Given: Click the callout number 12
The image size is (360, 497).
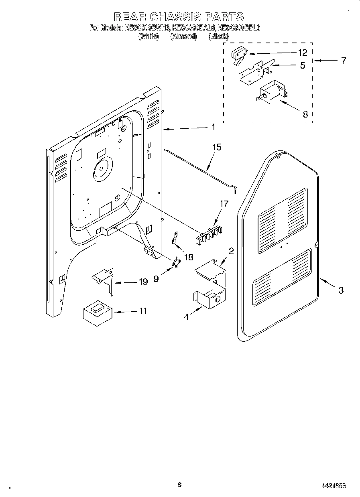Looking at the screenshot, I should pyautogui.click(x=302, y=53).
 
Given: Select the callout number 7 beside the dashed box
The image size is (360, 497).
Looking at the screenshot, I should pyautogui.click(x=343, y=61).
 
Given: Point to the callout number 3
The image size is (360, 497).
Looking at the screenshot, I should pyautogui.click(x=340, y=290).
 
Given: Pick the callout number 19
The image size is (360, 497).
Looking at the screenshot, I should pyautogui.click(x=142, y=282).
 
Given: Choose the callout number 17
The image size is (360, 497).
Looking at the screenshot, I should pyautogui.click(x=224, y=204).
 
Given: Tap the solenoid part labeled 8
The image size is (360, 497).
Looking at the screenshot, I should pyautogui.click(x=272, y=94).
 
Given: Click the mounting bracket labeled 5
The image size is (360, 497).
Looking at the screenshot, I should pyautogui.click(x=256, y=71).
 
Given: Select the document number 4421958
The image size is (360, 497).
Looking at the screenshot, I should pyautogui.click(x=334, y=485).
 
